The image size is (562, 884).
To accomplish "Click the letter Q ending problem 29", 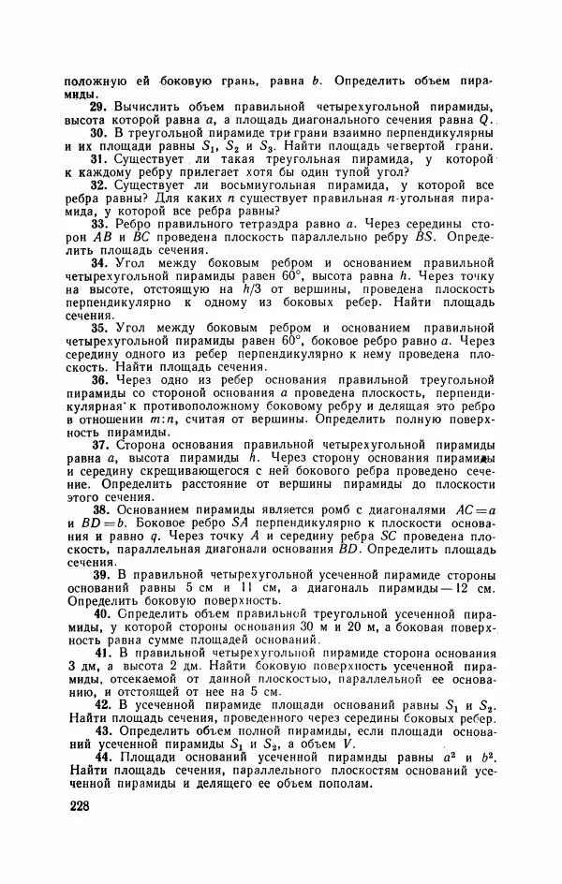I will [x=485, y=122].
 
